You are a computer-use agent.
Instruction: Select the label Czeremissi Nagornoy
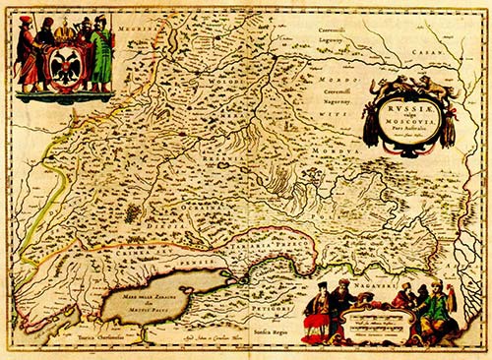tap(340, 95)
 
